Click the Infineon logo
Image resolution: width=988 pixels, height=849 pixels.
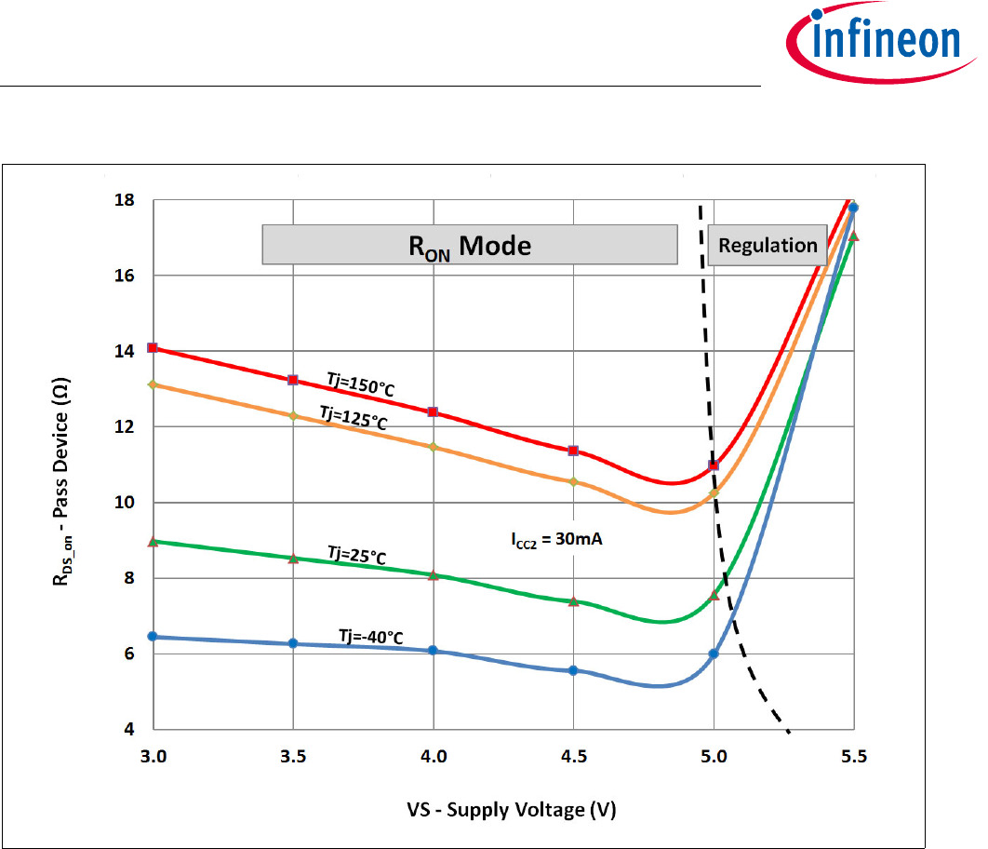tap(874, 43)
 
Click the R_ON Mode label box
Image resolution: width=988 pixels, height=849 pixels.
tap(470, 246)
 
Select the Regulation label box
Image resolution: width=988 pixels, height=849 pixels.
tap(768, 245)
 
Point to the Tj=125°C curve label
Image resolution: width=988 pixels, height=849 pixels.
tap(353, 417)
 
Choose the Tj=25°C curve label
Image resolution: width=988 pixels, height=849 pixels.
tap(356, 556)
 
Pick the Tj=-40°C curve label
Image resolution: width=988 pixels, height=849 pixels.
tap(370, 637)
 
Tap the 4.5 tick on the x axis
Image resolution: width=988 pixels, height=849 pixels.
tap(573, 758)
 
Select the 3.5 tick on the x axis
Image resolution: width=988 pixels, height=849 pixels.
tap(293, 758)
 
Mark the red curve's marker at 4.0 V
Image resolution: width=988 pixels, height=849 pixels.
tap(433, 411)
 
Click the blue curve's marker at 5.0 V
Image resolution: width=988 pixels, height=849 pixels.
tap(714, 654)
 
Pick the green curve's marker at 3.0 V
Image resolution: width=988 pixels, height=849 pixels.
tap(154, 541)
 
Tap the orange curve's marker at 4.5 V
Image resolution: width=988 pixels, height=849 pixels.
tap(573, 481)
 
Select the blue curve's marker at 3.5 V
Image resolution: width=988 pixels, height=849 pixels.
tap(293, 643)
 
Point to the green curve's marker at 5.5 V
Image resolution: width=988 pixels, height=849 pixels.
tap(854, 236)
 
